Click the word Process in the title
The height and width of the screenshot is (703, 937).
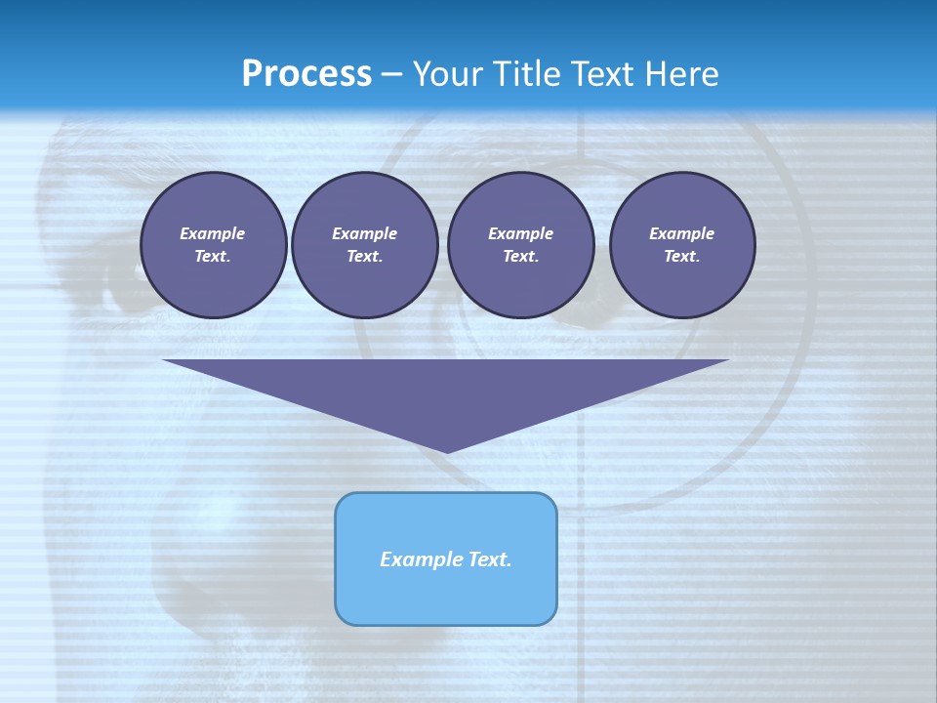pyautogui.click(x=306, y=74)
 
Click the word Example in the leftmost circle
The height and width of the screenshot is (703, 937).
pyautogui.click(x=213, y=233)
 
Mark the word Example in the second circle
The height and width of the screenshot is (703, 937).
pyautogui.click(x=364, y=233)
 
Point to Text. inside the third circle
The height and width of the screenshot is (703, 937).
pyautogui.click(x=520, y=257)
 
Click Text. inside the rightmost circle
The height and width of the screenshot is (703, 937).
pyautogui.click(x=681, y=257)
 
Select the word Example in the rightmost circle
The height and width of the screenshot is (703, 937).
pyautogui.click(x=681, y=233)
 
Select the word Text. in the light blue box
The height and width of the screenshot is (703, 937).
pyautogui.click(x=488, y=559)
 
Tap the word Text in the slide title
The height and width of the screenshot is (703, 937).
pyautogui.click(x=600, y=74)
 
